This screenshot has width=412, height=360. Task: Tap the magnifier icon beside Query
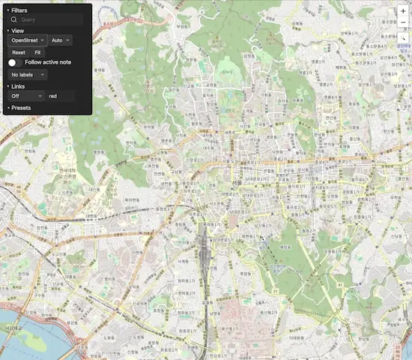pyautogui.click(x=13, y=20)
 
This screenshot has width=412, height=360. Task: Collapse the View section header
pyautogui.click(x=17, y=30)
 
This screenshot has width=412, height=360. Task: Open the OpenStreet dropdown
pyautogui.click(x=27, y=40)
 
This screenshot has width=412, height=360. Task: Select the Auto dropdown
pyautogui.click(x=61, y=40)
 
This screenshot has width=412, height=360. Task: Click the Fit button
pyautogui.click(x=37, y=52)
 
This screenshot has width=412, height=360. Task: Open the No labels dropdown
pyautogui.click(x=27, y=75)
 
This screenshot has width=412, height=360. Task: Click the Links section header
pyautogui.click(x=18, y=86)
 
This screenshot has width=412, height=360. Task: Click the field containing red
pyautogui.click(x=60, y=96)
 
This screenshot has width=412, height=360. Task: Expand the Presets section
pyautogui.click(x=21, y=108)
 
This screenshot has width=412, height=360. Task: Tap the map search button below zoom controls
pyautogui.click(x=403, y=36)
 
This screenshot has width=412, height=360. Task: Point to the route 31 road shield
pyautogui.click(x=275, y=291)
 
